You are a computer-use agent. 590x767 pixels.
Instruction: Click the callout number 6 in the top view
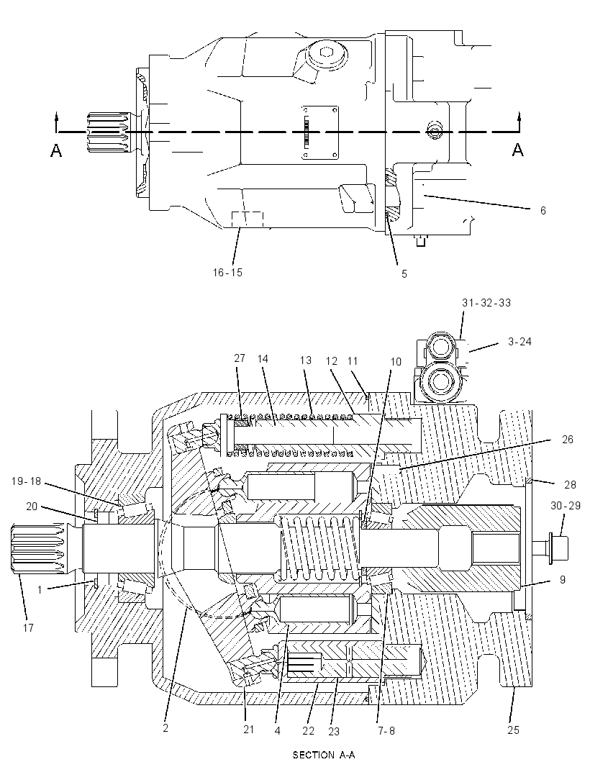tap(543, 211)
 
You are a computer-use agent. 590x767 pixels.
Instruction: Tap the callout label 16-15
tap(227, 273)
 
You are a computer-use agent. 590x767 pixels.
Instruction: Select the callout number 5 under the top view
tap(404, 274)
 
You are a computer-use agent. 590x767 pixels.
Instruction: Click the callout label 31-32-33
tap(486, 303)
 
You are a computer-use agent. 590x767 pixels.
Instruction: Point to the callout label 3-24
tap(519, 342)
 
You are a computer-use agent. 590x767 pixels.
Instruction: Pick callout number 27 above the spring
tap(239, 358)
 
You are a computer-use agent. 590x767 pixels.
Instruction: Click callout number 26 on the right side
tap(567, 440)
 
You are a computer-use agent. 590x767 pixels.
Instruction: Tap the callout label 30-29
tap(566, 506)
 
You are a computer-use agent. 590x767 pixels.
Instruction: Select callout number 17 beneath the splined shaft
tap(28, 627)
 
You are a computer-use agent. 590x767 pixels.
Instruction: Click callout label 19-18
tap(26, 481)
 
